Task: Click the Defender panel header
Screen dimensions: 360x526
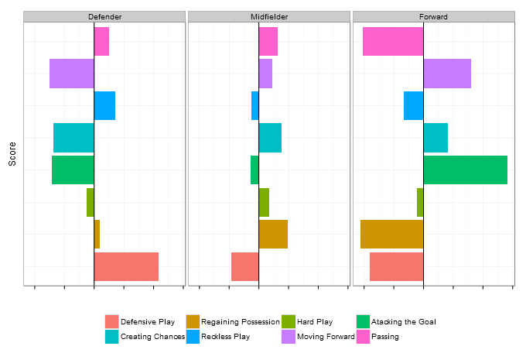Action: (x=104, y=16)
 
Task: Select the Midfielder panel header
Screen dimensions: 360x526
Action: (x=269, y=16)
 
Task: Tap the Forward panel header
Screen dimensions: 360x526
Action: (x=434, y=16)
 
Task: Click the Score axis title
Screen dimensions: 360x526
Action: (x=12, y=153)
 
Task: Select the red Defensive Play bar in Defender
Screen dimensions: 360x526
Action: (x=126, y=266)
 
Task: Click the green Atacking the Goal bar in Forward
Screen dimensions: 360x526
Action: (x=465, y=170)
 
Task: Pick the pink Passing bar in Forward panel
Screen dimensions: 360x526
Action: (x=393, y=41)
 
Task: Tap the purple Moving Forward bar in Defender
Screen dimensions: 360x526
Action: (x=72, y=74)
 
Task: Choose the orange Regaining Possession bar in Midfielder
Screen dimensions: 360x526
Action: (x=273, y=234)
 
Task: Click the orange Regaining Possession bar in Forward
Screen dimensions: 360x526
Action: (x=391, y=234)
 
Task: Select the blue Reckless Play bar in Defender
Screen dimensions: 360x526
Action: (x=104, y=105)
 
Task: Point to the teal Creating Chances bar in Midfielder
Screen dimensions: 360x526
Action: (x=270, y=138)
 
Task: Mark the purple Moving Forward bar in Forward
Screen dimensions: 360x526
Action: (x=447, y=74)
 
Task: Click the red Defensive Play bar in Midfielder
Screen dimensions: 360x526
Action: (x=244, y=266)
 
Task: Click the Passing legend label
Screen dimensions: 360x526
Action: (x=385, y=337)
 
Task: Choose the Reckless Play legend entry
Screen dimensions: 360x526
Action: (x=225, y=337)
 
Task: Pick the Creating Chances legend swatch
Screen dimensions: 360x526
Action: (x=112, y=337)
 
